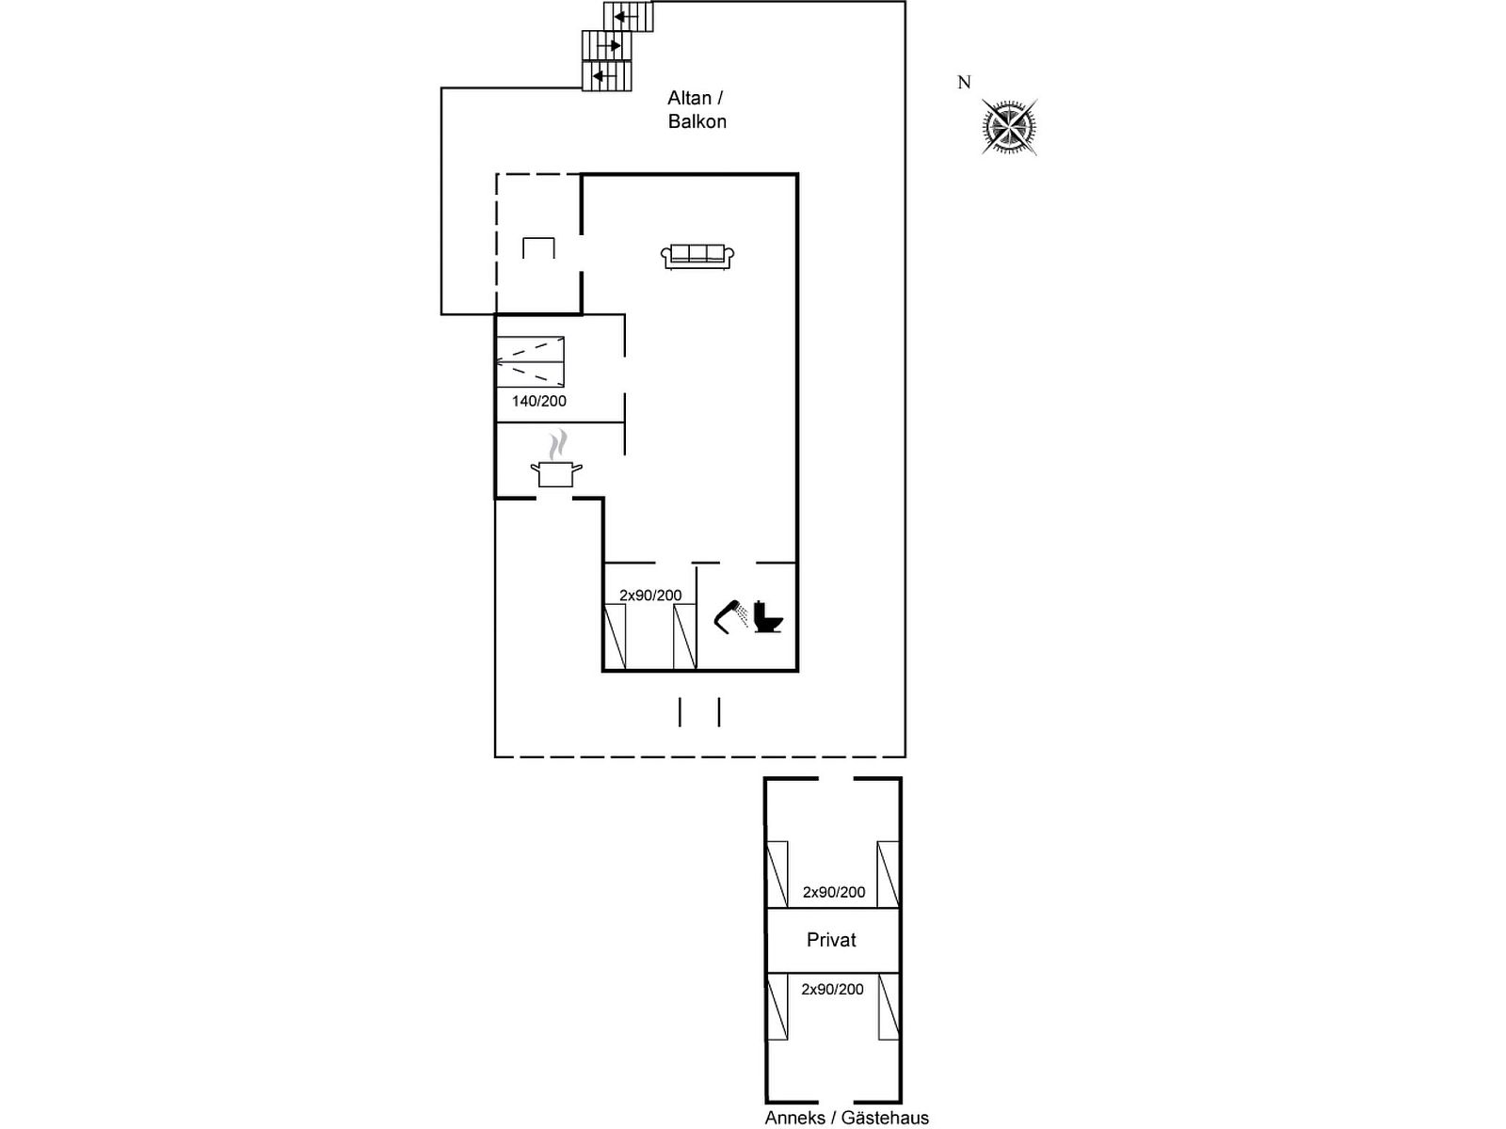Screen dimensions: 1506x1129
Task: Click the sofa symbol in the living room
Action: tap(697, 256)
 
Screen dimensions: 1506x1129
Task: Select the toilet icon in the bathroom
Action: tap(768, 616)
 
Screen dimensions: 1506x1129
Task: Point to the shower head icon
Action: tap(731, 616)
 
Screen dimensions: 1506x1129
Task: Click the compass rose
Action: tap(1009, 127)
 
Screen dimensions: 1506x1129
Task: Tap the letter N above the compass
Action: tap(964, 82)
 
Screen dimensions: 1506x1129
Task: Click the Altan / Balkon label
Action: tap(697, 110)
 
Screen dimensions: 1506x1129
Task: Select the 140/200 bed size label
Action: tap(539, 401)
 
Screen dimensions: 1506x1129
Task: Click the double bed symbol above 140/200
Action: tap(530, 362)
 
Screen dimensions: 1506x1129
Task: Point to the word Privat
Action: tap(831, 940)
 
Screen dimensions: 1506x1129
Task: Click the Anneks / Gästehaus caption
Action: tap(846, 1118)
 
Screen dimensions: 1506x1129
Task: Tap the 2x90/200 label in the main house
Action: tap(650, 595)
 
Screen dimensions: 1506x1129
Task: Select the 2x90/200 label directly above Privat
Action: tap(834, 892)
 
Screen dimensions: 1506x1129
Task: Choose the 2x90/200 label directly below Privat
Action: tap(832, 989)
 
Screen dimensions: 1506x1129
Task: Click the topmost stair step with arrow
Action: tap(629, 16)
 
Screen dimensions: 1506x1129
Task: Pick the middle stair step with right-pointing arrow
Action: tap(606, 46)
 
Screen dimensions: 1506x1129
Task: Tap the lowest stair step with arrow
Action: tap(606, 75)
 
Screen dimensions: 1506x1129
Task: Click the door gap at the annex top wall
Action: tap(836, 779)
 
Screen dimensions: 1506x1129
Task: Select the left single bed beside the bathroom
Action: tap(615, 637)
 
